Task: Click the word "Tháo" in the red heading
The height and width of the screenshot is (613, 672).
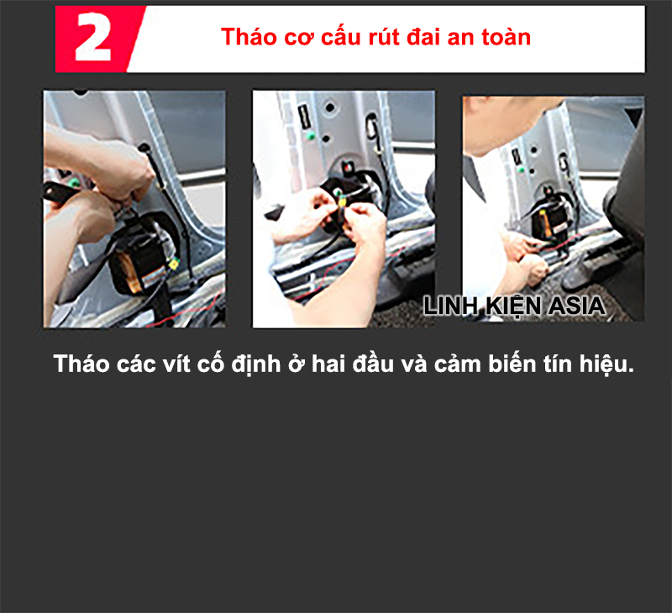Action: click(x=244, y=38)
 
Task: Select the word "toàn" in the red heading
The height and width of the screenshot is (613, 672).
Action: click(x=507, y=38)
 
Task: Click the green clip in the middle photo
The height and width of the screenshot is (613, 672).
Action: click(x=312, y=134)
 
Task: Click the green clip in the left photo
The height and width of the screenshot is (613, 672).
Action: click(x=76, y=181)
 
